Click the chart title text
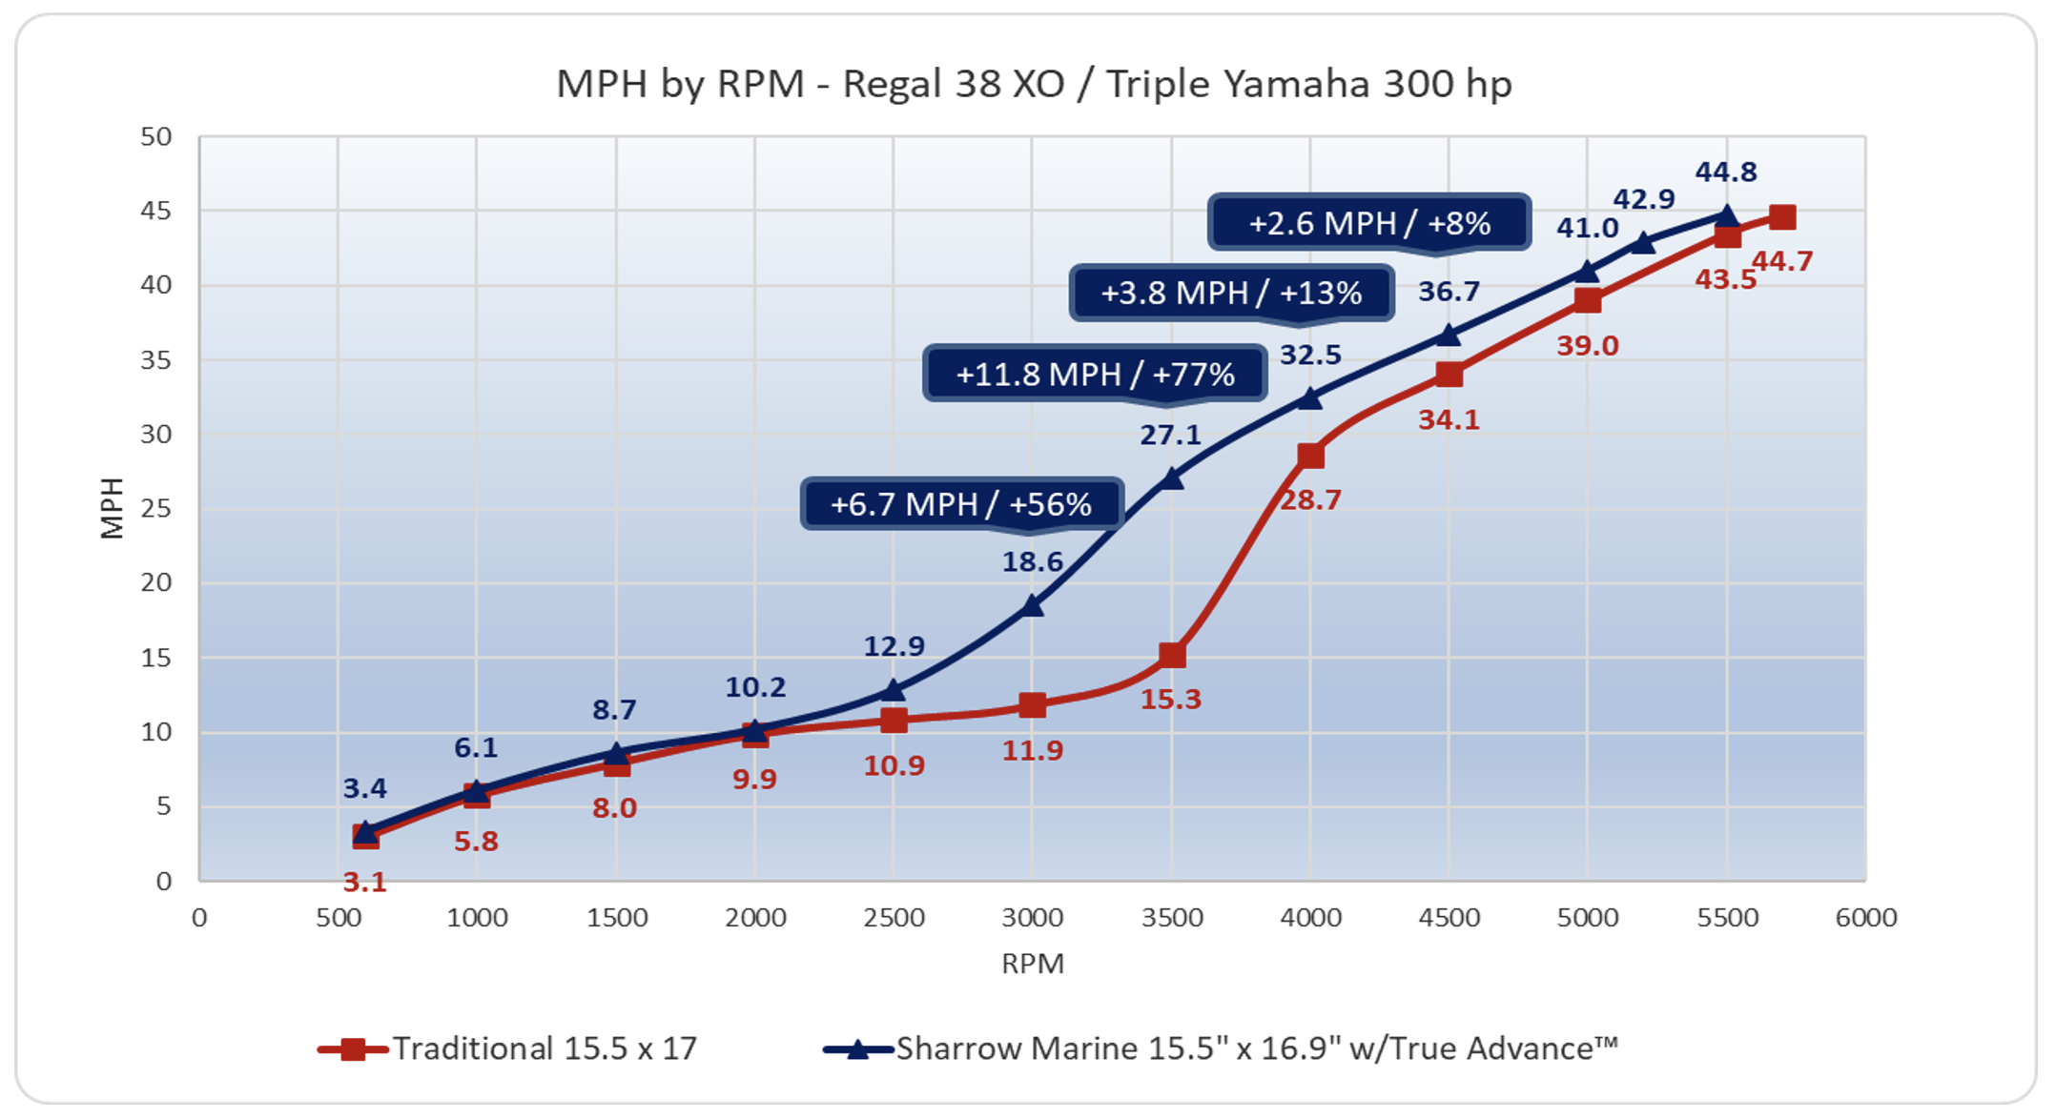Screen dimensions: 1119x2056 point(1033,84)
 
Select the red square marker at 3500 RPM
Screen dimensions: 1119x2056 point(1172,656)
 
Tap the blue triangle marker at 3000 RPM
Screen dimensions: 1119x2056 point(1032,605)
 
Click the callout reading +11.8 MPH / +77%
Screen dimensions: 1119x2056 point(1095,374)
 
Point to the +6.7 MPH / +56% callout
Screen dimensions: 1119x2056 point(961,503)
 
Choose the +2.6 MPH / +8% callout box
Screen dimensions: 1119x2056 point(1368,223)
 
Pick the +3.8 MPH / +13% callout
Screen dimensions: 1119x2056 point(1231,293)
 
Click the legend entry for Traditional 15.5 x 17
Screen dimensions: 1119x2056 point(507,1048)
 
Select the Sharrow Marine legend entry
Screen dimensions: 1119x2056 point(1221,1048)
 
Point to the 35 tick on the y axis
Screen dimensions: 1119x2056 point(156,359)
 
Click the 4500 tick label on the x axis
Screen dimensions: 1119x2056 point(1449,918)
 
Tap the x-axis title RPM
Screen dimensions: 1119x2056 point(1032,964)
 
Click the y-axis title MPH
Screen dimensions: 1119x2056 point(113,508)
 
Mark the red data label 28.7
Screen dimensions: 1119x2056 point(1309,499)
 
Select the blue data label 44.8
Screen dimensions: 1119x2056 point(1725,172)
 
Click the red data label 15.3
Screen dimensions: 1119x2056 point(1171,700)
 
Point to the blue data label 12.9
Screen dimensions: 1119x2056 point(894,646)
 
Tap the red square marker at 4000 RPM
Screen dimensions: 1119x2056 point(1310,456)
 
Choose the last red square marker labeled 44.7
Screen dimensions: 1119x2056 point(1781,217)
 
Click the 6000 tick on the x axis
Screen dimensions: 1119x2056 point(1865,918)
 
